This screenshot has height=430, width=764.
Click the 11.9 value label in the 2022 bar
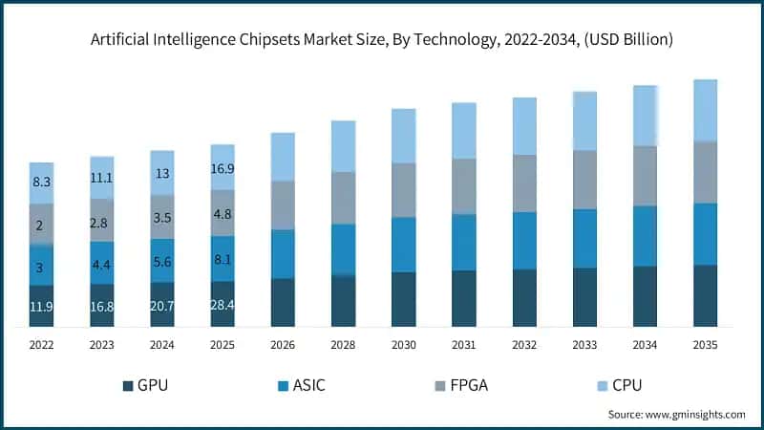pyautogui.click(x=41, y=307)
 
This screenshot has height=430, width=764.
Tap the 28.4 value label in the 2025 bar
pyautogui.click(x=223, y=305)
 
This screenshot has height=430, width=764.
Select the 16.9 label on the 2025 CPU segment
pyautogui.click(x=223, y=169)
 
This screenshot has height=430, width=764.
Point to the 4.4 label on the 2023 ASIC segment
pyautogui.click(x=102, y=264)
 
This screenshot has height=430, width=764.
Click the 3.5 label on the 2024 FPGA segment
pyautogui.click(x=162, y=218)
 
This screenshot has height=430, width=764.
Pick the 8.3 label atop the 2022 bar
pyautogui.click(x=41, y=181)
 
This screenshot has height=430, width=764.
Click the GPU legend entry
pyautogui.click(x=152, y=385)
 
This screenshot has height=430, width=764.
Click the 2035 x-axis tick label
pyautogui.click(x=705, y=343)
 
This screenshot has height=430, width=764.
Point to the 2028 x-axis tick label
pyautogui.click(x=343, y=343)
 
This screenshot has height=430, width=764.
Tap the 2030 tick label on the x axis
pyautogui.click(x=404, y=343)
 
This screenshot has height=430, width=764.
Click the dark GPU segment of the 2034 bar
pyautogui.click(x=645, y=296)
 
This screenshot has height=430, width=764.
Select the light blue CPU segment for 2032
pyautogui.click(x=524, y=125)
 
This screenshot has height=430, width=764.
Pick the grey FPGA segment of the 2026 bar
pyautogui.click(x=283, y=204)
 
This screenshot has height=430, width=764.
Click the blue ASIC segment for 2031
pyautogui.click(x=464, y=242)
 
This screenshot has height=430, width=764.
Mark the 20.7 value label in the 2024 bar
pyautogui.click(x=162, y=306)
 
